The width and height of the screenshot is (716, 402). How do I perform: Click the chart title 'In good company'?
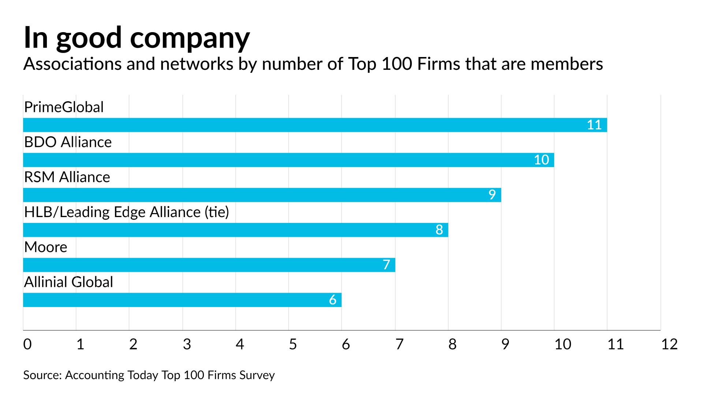coord(137,38)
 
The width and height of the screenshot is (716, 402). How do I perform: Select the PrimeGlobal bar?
coord(315,125)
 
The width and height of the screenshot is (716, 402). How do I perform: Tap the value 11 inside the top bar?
coord(594,125)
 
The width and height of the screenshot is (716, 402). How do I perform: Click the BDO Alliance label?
coord(68,142)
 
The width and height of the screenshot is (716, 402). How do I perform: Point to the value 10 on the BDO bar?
coord(541,160)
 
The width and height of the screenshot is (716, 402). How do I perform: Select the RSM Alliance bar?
coord(262,195)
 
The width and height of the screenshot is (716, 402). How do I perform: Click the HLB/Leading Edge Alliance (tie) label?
coord(126,212)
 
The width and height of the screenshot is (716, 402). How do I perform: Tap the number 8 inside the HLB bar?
coord(439,230)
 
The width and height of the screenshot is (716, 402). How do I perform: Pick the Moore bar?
coord(209,265)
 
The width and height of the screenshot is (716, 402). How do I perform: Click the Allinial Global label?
coord(68,282)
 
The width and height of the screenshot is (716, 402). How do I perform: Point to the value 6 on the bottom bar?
coord(332,300)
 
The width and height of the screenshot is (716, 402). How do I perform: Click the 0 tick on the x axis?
coord(27,344)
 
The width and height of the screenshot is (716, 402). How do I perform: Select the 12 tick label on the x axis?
coord(669,344)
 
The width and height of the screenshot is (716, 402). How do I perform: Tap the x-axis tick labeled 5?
coord(292,344)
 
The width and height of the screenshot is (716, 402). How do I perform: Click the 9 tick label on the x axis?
coord(505,344)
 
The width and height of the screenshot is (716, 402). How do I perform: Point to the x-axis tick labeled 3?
coord(187,344)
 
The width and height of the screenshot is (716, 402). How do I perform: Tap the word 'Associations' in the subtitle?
coord(72,64)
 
